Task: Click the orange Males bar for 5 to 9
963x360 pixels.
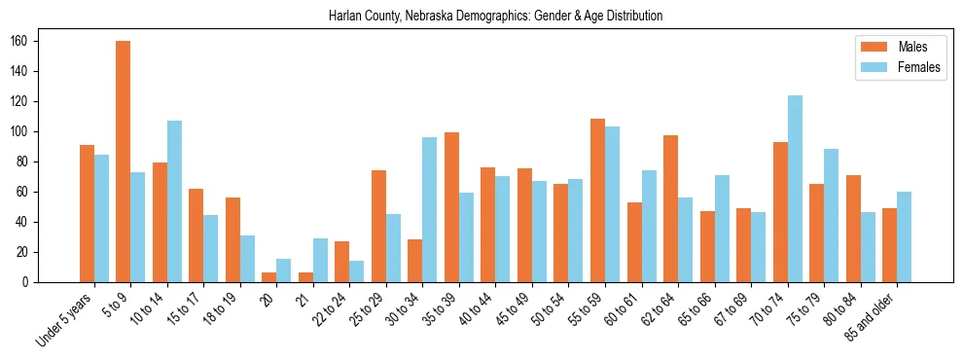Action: click(124, 162)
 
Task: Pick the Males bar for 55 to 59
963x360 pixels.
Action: click(597, 200)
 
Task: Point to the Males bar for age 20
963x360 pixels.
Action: click(269, 277)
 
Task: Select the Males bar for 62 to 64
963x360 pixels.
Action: click(670, 208)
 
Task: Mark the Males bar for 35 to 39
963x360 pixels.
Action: click(451, 207)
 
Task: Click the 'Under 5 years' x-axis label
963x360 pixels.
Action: click(64, 319)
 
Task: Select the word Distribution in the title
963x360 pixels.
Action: click(635, 16)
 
